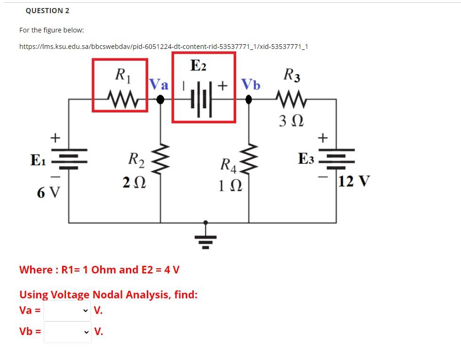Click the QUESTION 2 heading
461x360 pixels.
(44, 10)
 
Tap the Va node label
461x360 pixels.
(159, 85)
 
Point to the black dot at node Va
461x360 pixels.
(161, 99)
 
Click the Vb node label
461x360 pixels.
(250, 85)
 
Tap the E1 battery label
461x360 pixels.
(38, 160)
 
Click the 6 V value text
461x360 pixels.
(48, 192)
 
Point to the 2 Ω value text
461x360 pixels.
(134, 183)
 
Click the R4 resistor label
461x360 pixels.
(230, 166)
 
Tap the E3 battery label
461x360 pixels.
(306, 159)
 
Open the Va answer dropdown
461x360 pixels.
(67, 311)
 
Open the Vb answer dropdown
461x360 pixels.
(67, 332)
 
